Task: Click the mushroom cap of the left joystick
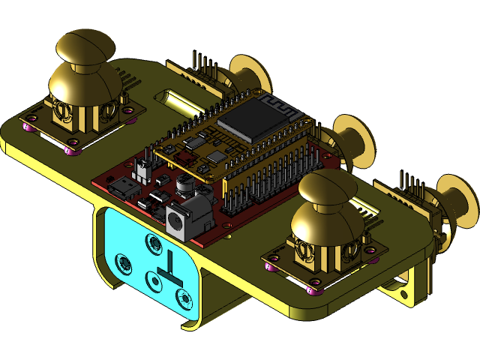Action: [82, 46]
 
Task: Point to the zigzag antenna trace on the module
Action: [274, 104]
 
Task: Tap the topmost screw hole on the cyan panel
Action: [154, 242]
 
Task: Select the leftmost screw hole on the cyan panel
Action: [122, 262]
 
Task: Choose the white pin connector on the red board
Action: [142, 172]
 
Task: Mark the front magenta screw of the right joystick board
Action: [314, 291]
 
